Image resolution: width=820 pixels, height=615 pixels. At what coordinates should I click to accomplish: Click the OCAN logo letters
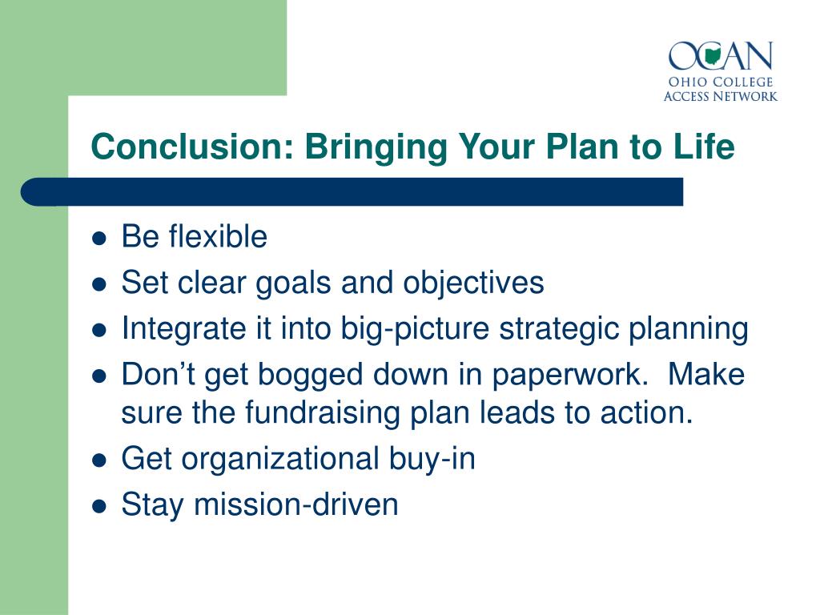(721, 55)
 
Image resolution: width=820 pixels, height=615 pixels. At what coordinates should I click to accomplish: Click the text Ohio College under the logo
(721, 82)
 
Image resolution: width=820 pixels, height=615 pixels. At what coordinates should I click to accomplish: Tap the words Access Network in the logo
(721, 96)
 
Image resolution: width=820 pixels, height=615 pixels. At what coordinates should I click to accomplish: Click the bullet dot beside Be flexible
(98, 239)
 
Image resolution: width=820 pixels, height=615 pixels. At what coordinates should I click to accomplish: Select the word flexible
(218, 236)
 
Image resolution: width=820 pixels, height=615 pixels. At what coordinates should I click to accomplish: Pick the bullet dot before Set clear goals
(98, 284)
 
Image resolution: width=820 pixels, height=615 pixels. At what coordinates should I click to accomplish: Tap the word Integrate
(183, 328)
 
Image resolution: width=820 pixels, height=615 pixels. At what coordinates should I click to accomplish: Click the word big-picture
(415, 328)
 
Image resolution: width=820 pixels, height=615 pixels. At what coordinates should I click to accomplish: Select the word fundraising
(322, 412)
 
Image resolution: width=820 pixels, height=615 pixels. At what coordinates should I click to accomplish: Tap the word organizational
(280, 459)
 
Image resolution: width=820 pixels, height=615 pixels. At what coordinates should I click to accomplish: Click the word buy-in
(432, 459)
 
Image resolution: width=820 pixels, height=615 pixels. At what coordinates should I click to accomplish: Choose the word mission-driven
(296, 504)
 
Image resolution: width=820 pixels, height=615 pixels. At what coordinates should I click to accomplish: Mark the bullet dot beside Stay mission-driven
(98, 507)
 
